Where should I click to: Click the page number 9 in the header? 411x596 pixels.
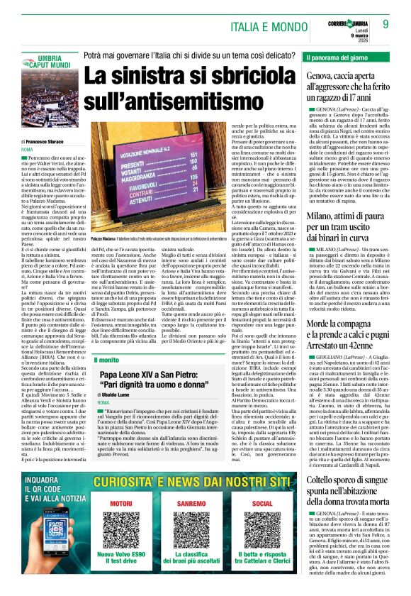386,24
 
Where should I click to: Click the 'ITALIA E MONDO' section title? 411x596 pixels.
270,26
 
